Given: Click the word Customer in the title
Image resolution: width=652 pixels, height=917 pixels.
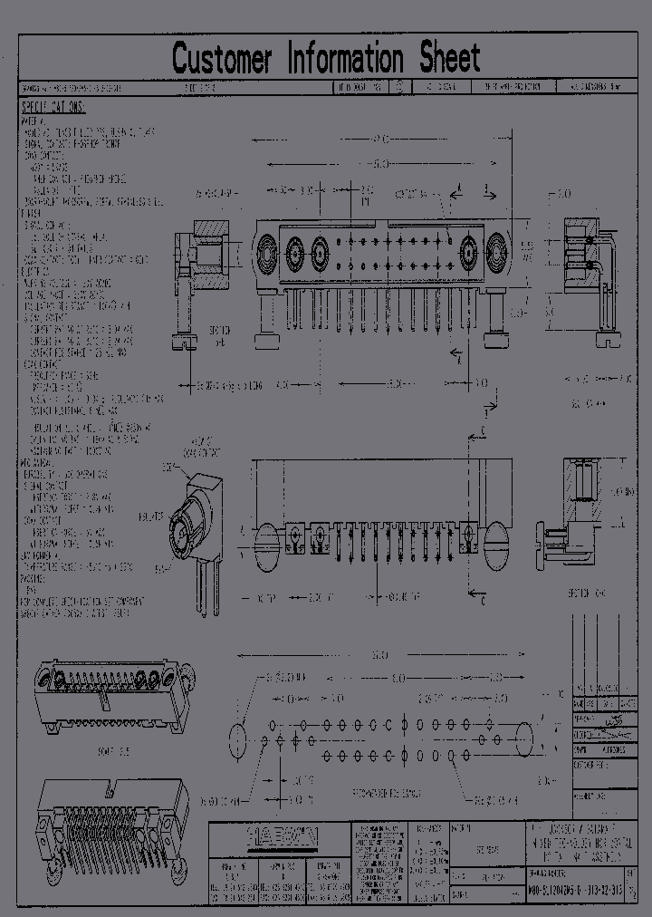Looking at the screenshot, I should pyautogui.click(x=221, y=59).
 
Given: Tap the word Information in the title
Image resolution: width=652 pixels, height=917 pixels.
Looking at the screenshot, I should pyautogui.click(x=345, y=59).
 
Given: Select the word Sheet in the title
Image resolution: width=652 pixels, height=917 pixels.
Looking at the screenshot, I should pyautogui.click(x=449, y=59).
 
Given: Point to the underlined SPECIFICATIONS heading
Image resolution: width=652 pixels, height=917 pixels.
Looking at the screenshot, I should pyautogui.click(x=53, y=108).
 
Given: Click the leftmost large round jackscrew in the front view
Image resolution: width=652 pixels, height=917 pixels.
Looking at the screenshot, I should pyautogui.click(x=269, y=246).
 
